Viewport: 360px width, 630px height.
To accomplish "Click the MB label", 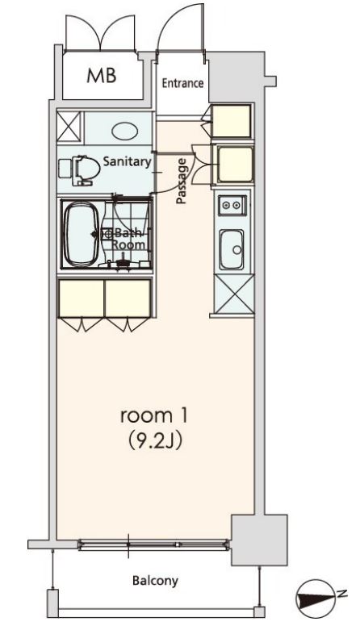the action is pos(102,76).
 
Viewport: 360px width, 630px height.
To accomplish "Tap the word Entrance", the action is pos(182,83).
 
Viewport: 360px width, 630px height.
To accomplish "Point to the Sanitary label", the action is pos(127,162).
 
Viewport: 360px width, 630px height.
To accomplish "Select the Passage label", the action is pos(182,181).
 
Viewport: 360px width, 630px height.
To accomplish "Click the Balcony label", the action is pos(155,581).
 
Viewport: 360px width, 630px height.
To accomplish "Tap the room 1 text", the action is pos(154,416).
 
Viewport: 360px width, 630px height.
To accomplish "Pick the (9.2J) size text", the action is pos(155,440).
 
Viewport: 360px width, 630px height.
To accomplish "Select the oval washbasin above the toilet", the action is pos(125,131).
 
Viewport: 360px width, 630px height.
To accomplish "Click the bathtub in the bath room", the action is pos(82,234).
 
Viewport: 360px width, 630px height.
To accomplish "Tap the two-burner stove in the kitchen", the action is pos(232,206).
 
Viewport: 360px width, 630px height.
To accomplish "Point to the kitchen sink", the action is pos(232,249).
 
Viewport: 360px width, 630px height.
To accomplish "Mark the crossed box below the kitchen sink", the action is pos(235,294).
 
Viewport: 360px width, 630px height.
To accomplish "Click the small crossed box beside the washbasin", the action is pos(69,127).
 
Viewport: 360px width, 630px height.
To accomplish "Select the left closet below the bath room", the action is pos(82,298).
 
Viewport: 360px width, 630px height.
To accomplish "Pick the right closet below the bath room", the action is pos(128,298).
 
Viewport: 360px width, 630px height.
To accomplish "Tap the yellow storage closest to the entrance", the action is pos(232,120).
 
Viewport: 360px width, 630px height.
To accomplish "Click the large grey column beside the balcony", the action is pos(259,540).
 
